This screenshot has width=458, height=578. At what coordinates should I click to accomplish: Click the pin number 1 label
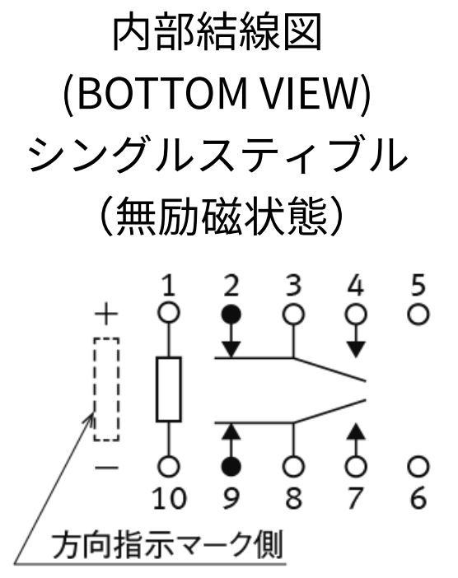click(x=169, y=286)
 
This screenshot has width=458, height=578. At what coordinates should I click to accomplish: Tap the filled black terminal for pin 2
click(x=231, y=315)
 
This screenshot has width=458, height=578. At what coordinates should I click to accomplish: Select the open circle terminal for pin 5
click(x=418, y=315)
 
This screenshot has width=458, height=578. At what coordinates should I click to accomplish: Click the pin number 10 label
click(x=170, y=498)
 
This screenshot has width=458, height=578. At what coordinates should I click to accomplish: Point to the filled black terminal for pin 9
click(x=231, y=466)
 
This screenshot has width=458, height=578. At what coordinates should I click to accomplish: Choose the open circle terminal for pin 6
click(x=418, y=466)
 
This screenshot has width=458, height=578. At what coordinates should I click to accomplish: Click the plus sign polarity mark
click(x=106, y=315)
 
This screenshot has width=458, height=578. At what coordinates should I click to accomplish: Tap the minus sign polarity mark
click(x=106, y=468)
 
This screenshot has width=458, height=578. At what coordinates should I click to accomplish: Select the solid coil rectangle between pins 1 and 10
click(x=169, y=389)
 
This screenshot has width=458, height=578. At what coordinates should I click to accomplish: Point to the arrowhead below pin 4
click(x=356, y=349)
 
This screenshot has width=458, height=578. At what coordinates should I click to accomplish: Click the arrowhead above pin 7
click(x=356, y=431)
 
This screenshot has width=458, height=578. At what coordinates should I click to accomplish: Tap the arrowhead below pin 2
click(x=231, y=349)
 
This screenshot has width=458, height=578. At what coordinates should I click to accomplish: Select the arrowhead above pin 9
click(x=231, y=431)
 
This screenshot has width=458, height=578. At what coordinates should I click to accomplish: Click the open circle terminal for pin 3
click(x=293, y=315)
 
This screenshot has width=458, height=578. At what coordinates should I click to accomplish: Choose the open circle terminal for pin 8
click(x=293, y=466)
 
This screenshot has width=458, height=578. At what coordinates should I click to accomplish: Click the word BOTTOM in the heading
click(x=162, y=94)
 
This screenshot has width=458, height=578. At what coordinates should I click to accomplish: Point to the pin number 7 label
click(x=355, y=498)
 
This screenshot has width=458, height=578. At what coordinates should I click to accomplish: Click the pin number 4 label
click(x=356, y=286)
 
